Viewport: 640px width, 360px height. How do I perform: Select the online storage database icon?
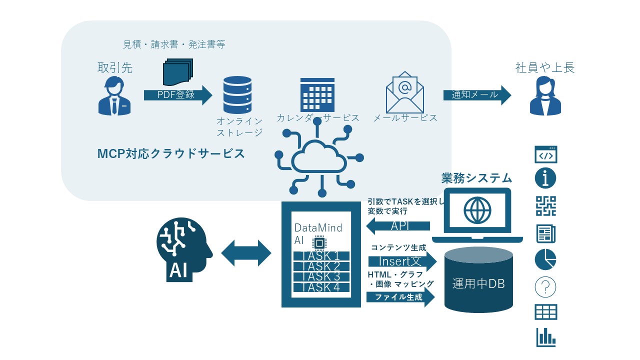(237, 95)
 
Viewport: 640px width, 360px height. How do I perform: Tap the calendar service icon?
(317, 94)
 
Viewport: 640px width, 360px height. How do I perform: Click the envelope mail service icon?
(404, 92)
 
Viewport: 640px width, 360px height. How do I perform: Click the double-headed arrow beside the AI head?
(246, 253)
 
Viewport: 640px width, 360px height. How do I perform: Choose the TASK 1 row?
(320, 255)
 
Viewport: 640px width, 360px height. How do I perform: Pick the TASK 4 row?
(320, 287)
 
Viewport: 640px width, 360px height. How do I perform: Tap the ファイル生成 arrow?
(400, 297)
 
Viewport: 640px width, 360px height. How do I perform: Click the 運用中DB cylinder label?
(478, 284)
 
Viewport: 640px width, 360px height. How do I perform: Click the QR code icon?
(546, 206)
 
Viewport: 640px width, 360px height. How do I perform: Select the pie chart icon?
(546, 259)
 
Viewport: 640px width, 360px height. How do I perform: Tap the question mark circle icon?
(546, 287)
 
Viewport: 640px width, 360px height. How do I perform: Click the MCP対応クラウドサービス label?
(171, 153)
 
